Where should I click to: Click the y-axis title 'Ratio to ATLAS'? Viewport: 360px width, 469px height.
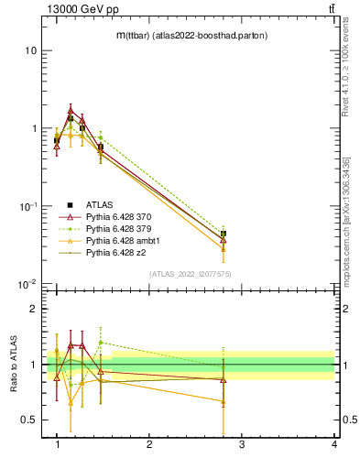point(13,363)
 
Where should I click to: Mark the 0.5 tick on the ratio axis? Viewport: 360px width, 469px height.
point(32,420)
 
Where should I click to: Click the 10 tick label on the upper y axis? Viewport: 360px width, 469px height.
point(30,50)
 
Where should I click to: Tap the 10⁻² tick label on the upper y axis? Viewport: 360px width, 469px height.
point(28,284)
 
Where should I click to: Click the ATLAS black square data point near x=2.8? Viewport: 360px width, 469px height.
point(223,234)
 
